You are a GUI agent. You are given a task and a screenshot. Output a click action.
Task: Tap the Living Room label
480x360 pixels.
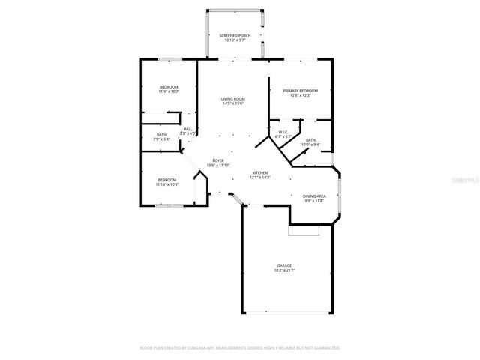232,99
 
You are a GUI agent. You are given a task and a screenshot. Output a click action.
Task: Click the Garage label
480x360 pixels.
284,265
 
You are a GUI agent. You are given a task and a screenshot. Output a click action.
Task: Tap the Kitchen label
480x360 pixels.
260,172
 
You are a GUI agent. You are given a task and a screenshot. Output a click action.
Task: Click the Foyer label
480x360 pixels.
218,160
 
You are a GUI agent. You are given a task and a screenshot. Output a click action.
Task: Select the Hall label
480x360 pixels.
187,129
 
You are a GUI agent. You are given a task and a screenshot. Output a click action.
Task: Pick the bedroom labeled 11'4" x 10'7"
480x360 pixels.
169,88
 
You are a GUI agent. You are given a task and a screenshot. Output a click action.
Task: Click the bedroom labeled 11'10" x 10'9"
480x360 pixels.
166,179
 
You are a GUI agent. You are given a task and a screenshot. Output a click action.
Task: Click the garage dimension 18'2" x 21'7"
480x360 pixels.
284,271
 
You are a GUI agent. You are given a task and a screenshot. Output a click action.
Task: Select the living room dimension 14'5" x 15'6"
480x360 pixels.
232,103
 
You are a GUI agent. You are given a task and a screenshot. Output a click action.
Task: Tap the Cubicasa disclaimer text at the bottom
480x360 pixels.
240,348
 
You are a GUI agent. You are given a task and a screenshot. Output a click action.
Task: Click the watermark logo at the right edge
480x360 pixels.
469,180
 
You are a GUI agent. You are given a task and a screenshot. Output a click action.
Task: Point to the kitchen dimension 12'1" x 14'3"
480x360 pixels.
260,178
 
